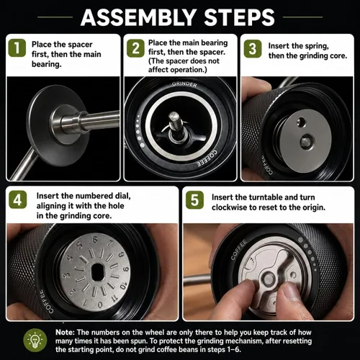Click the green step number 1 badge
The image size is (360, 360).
(x=17, y=48)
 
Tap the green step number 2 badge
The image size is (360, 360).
(x=135, y=48)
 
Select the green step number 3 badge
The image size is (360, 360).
(x=253, y=49)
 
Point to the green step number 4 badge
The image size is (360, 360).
(x=17, y=199)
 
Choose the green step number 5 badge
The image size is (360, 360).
(x=194, y=200)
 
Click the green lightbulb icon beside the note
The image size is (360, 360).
(x=35, y=341)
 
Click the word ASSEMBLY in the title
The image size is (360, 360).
(x=138, y=17)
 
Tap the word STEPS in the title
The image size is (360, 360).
(x=240, y=17)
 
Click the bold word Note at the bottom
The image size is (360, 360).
(x=65, y=332)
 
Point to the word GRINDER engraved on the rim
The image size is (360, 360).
(x=184, y=84)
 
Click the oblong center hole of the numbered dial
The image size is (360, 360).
(x=97, y=272)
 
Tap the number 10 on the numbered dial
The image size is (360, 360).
(x=123, y=284)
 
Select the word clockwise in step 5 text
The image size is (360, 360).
(x=230, y=207)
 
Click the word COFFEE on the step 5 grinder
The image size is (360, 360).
(x=239, y=249)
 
